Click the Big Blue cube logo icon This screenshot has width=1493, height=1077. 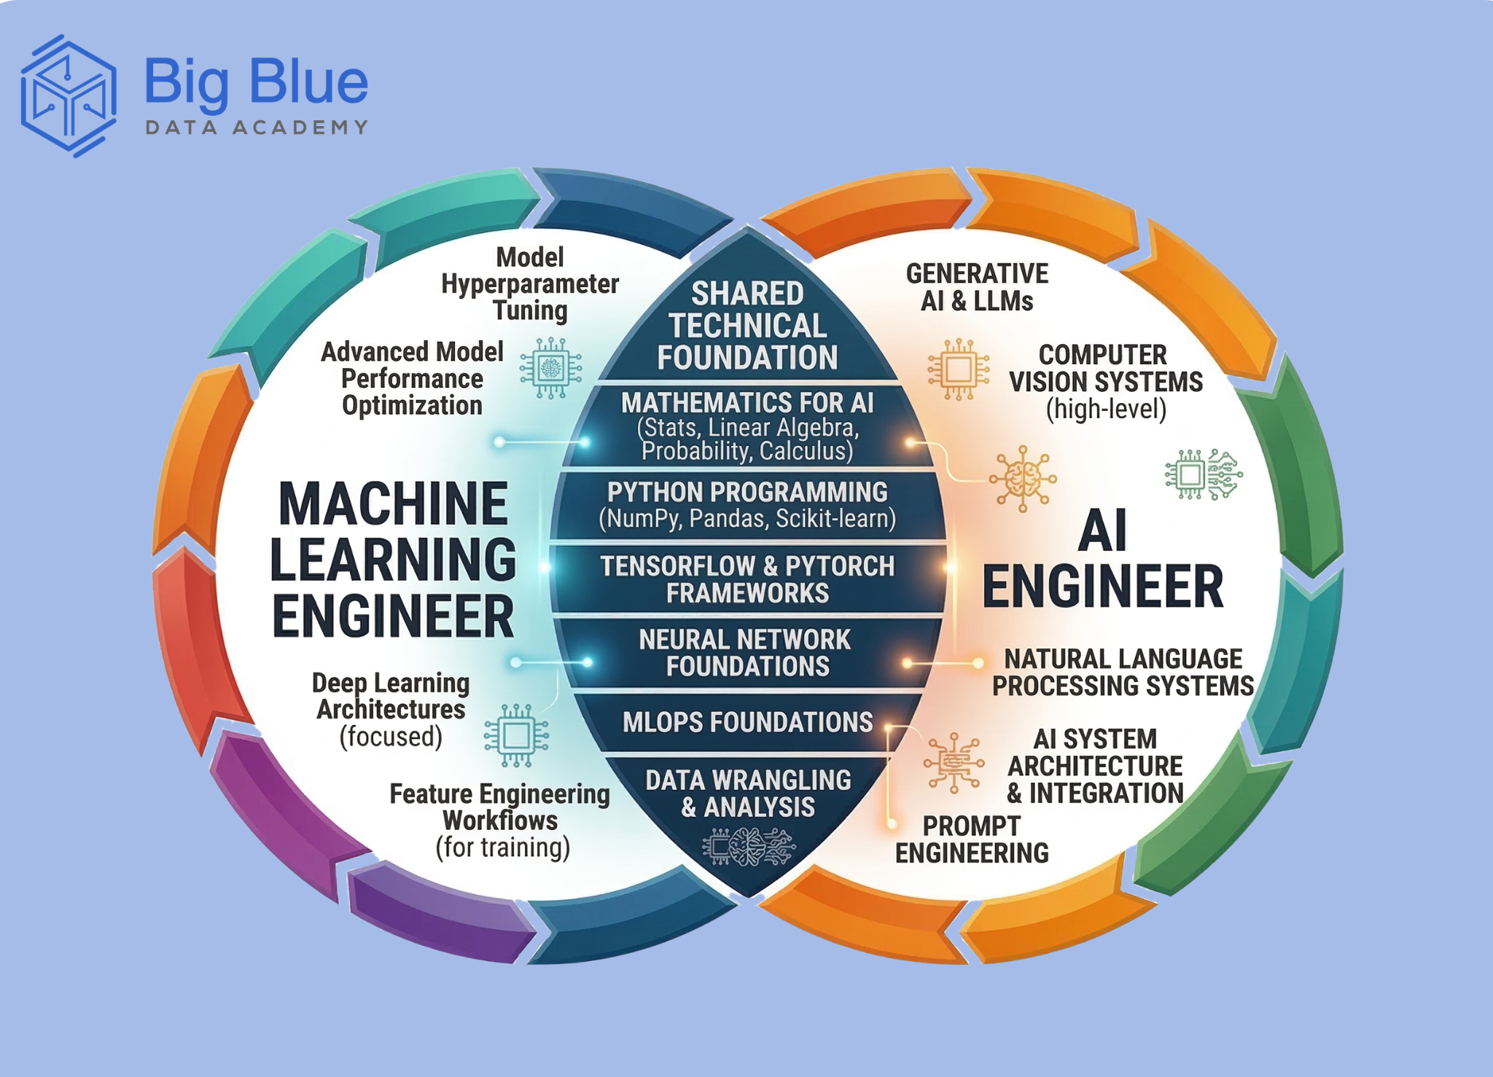pyautogui.click(x=69, y=95)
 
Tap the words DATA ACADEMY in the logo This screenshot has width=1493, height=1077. pyautogui.click(x=257, y=128)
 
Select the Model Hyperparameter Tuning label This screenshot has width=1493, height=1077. pyautogui.click(x=530, y=283)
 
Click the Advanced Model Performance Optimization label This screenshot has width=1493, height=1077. pyautogui.click(x=412, y=379)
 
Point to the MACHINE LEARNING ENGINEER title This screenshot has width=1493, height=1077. pyautogui.click(x=393, y=560)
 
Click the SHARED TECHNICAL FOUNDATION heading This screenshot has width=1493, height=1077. pyautogui.click(x=747, y=326)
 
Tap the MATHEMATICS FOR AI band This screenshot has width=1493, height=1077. pyautogui.click(x=747, y=426)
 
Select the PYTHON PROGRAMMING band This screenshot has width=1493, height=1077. pyautogui.click(x=747, y=505)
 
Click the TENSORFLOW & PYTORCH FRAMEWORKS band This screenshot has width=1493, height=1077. pyautogui.click(x=747, y=579)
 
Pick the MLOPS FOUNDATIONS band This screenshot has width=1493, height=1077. pyautogui.click(x=747, y=722)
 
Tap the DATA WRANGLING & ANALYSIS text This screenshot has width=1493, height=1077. pyautogui.click(x=748, y=794)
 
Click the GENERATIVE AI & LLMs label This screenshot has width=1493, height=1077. pyautogui.click(x=977, y=287)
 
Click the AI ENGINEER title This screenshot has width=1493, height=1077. pyautogui.click(x=1102, y=560)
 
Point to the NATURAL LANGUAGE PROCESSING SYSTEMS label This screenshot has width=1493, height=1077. pyautogui.click(x=1123, y=673)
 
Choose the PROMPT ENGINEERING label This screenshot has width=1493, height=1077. pyautogui.click(x=972, y=839)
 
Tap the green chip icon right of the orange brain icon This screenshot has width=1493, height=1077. pyautogui.click(x=1203, y=474)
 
